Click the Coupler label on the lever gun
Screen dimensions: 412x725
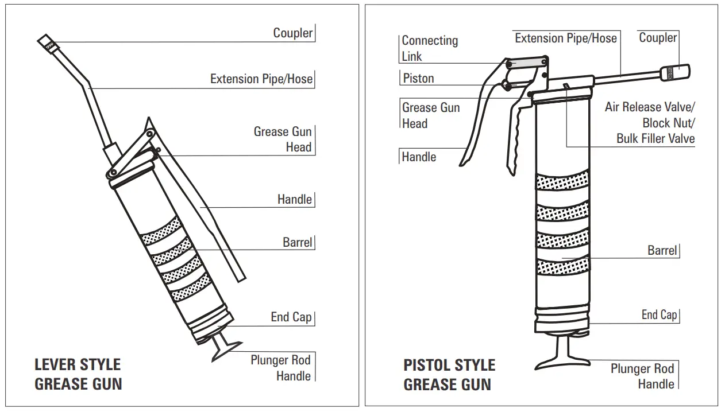point(292,33)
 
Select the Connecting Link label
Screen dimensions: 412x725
point(429,48)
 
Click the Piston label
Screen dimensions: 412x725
point(418,78)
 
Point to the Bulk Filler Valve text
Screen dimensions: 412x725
point(655,138)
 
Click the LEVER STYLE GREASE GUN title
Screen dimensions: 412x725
point(78,374)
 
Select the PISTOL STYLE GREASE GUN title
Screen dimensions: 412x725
point(449,374)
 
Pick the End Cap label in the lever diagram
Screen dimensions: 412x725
point(291,317)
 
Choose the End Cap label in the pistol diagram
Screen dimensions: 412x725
point(659,314)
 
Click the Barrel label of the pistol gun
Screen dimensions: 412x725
point(662,250)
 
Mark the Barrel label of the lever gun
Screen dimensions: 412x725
point(297,242)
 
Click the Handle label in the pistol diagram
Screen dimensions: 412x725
point(419,157)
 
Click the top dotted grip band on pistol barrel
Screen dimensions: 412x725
point(562,180)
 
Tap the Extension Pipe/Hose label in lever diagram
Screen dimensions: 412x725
point(261,79)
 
